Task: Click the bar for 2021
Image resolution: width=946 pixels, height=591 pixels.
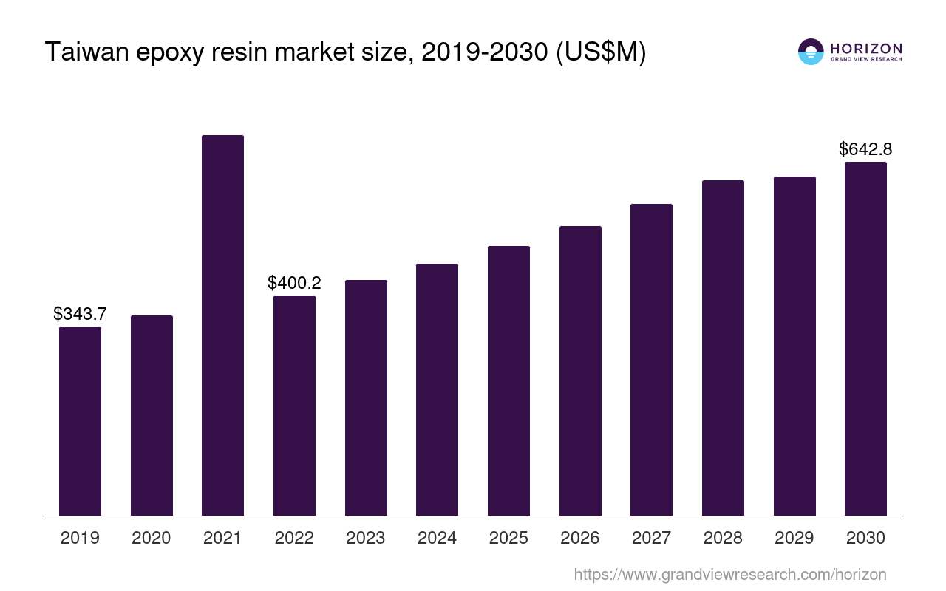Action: click(x=222, y=325)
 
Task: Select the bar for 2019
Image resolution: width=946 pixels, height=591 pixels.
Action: click(x=80, y=421)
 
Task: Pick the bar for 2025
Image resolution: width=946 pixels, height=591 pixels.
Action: click(x=508, y=380)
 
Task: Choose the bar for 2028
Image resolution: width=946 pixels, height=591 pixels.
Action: click(x=723, y=348)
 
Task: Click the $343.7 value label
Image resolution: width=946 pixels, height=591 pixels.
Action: click(x=80, y=313)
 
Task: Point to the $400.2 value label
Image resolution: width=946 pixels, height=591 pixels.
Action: click(x=294, y=282)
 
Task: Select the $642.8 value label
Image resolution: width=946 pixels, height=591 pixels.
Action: click(x=865, y=149)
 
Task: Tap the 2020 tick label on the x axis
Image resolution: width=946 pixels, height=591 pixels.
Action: click(x=152, y=538)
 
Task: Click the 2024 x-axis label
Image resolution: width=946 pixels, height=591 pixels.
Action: click(x=437, y=538)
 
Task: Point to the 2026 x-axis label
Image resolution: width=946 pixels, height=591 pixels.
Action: click(x=580, y=538)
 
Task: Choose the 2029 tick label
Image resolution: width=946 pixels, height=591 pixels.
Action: click(x=794, y=538)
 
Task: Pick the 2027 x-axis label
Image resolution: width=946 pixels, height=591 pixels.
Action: click(x=651, y=538)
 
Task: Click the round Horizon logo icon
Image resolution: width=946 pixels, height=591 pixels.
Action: click(x=811, y=52)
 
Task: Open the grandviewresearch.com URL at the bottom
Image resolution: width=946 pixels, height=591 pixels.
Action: click(x=730, y=574)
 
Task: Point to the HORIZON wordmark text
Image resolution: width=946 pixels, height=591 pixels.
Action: click(x=866, y=48)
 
